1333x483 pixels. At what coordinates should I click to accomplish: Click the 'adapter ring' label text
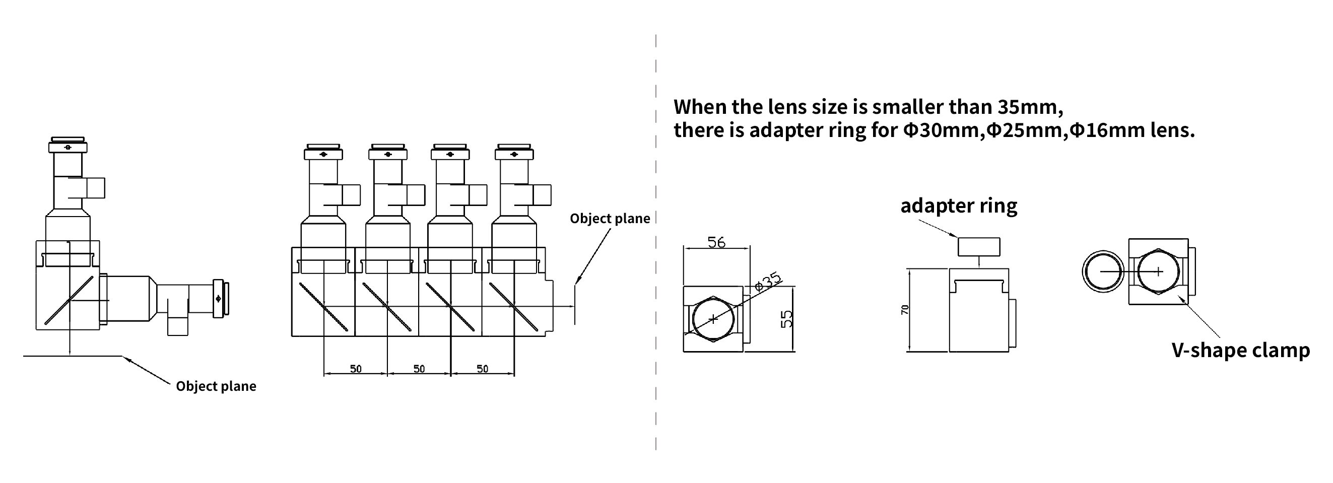[x=958, y=206]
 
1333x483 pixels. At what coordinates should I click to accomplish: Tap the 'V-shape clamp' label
[x=1240, y=351]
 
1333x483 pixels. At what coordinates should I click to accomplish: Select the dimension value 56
[x=716, y=242]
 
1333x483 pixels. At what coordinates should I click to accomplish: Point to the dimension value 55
[x=786, y=318]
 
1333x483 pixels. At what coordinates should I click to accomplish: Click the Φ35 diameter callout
[x=768, y=282]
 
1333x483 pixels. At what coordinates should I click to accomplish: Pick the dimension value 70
[x=905, y=309]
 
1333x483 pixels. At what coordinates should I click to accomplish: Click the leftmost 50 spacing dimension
[x=356, y=369]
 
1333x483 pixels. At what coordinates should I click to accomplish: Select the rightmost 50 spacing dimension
[x=482, y=369]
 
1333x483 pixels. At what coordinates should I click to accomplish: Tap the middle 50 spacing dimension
[x=419, y=369]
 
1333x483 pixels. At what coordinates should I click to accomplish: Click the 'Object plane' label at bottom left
[x=216, y=386]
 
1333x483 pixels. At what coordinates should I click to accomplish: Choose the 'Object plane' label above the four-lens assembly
[x=610, y=219]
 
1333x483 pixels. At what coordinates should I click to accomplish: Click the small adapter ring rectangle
[x=978, y=247]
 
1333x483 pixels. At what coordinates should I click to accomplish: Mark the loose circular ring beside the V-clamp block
[x=1103, y=271]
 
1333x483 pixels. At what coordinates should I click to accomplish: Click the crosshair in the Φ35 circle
[x=713, y=318]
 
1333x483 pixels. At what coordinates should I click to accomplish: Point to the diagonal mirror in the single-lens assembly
[x=69, y=301]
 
